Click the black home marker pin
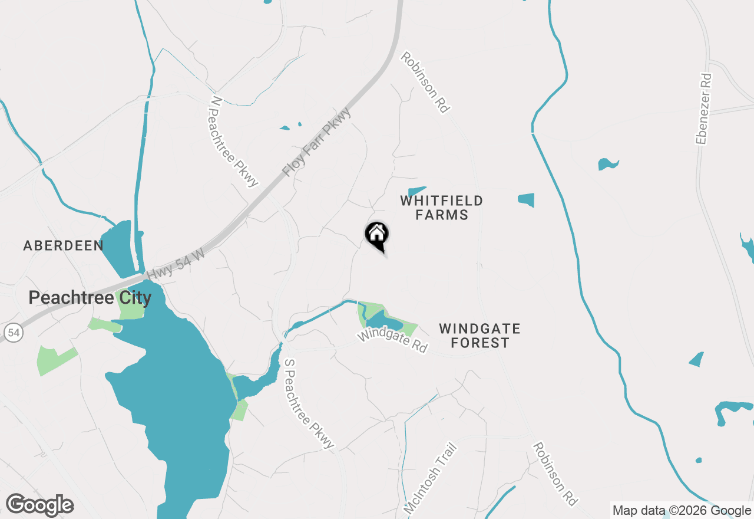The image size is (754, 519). (x=377, y=235)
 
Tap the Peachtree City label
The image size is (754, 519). (x=90, y=298)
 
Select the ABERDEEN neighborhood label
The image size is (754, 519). (x=63, y=245)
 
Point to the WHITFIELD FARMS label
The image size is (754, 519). (x=441, y=208)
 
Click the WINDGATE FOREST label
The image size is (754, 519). (x=479, y=336)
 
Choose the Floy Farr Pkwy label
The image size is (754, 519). (x=316, y=142)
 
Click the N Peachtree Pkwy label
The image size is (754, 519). (x=234, y=142)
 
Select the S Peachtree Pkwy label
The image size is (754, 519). (x=309, y=403)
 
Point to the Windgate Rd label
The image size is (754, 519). (x=392, y=341)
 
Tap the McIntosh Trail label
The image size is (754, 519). (x=431, y=478)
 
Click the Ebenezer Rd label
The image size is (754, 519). (x=703, y=109)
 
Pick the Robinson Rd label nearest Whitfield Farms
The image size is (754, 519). (x=425, y=82)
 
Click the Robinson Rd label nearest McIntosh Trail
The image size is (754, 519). (x=554, y=474)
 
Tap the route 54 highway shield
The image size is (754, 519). (x=14, y=333)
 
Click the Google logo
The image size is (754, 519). (x=40, y=505)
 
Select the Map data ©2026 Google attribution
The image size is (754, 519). (x=682, y=511)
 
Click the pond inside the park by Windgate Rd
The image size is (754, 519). (x=384, y=322)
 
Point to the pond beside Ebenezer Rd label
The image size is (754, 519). (x=607, y=163)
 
